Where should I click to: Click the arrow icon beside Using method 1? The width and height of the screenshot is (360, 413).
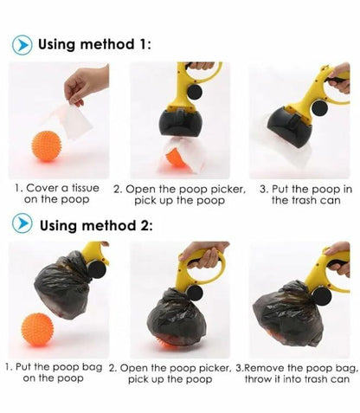click(x=23, y=43)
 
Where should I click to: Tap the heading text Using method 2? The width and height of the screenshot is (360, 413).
click(x=96, y=226)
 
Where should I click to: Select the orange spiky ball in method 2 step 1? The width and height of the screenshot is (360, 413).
click(x=37, y=330)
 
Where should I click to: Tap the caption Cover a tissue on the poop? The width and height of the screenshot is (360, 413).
click(x=59, y=193)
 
